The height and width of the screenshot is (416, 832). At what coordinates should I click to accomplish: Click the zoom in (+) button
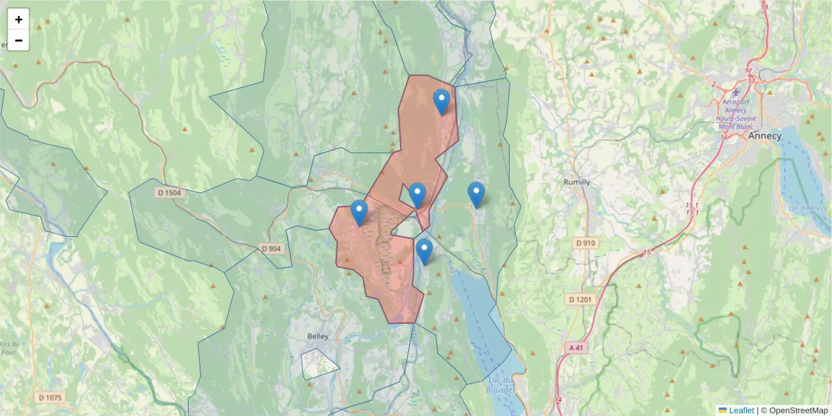(19, 19)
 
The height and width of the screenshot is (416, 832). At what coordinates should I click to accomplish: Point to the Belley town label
(318, 336)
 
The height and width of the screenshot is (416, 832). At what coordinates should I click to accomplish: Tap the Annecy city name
(764, 136)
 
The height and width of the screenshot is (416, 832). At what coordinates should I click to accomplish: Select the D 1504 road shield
(169, 193)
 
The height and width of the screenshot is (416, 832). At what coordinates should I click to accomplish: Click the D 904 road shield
(272, 248)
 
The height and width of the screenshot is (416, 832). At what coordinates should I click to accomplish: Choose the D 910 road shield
(586, 243)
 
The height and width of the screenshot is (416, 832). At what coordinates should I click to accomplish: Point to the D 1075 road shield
(50, 398)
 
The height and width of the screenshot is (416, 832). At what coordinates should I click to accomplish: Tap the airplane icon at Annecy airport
(736, 90)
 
